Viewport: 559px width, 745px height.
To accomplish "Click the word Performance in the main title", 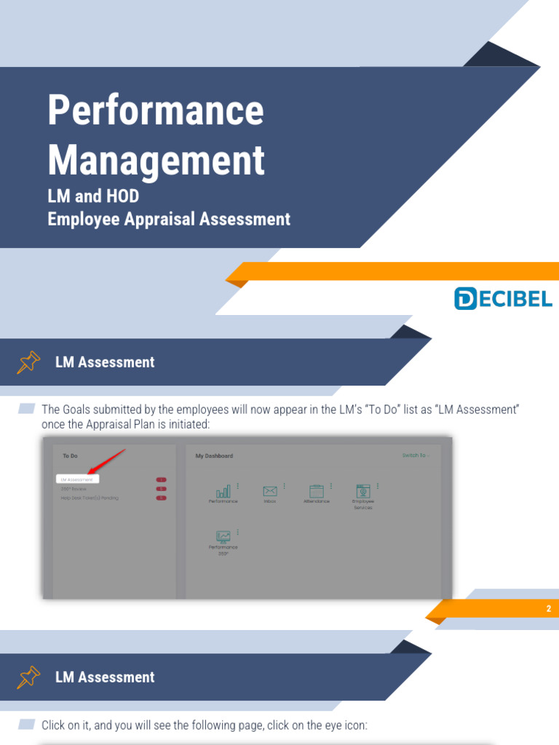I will point(155,111).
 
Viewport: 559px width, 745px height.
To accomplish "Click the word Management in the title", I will point(156,160).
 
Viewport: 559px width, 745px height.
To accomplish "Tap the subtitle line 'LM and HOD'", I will point(92,196).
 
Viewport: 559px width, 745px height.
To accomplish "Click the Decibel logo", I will point(503,298).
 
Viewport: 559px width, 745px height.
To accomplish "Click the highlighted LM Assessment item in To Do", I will point(77,479).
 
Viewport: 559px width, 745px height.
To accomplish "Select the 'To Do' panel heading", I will point(70,456).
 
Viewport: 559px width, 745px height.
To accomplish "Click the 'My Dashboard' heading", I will point(214,456).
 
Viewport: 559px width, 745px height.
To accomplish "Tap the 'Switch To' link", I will point(416,456).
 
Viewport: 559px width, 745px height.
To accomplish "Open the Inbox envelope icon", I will point(270,491).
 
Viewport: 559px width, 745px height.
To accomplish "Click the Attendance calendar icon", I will point(316,491).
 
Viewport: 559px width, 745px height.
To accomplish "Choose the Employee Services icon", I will point(362,491).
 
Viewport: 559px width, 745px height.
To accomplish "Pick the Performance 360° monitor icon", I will point(223,537).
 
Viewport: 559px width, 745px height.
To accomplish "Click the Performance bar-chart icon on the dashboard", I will point(223,491).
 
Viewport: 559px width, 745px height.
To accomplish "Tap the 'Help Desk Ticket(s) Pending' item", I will point(89,498).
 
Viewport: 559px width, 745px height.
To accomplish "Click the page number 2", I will point(548,609).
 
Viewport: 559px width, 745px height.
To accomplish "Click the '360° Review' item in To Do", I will point(73,489).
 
